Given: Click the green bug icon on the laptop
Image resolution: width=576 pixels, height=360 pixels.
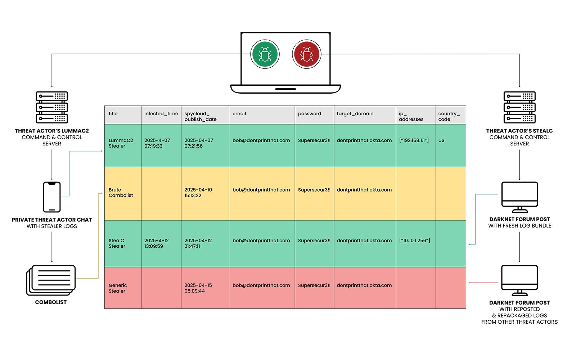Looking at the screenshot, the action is [x=265, y=54].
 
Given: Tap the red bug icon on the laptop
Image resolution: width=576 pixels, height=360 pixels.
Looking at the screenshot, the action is [x=306, y=54].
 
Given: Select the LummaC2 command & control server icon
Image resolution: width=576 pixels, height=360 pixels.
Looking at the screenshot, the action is [x=52, y=107].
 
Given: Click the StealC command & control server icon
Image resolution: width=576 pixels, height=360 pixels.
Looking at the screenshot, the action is [x=519, y=107].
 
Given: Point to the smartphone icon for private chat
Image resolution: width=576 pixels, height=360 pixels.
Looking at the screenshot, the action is [x=52, y=197].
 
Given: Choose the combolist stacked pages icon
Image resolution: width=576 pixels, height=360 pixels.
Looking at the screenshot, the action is [x=51, y=280].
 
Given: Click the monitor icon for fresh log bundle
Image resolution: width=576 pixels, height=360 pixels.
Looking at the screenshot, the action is [x=519, y=197].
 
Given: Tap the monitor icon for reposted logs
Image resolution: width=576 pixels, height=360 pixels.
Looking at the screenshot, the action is [x=519, y=280].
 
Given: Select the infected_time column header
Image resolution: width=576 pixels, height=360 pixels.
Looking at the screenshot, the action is [x=161, y=115].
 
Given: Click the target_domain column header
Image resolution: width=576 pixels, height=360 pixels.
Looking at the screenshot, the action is [x=365, y=115].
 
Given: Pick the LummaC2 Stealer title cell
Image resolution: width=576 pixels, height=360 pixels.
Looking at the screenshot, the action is [x=123, y=145].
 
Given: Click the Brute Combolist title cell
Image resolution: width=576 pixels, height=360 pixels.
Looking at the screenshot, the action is [x=123, y=194].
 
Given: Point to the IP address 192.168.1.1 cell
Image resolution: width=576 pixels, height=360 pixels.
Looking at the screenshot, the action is [x=416, y=145].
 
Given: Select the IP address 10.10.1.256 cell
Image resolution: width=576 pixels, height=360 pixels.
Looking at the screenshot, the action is [x=416, y=243].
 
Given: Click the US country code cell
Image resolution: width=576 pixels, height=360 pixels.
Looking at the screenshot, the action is [x=451, y=145].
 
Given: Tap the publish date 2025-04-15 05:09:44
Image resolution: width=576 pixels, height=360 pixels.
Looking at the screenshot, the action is [x=198, y=288].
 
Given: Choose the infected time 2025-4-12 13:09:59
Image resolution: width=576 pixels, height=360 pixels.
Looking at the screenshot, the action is [x=156, y=243].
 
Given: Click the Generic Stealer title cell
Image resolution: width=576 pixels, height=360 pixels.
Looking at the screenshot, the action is [x=123, y=288].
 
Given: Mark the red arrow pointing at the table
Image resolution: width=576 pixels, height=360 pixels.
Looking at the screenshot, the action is [x=483, y=283].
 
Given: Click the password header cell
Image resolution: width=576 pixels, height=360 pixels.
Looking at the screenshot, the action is [x=315, y=115].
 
